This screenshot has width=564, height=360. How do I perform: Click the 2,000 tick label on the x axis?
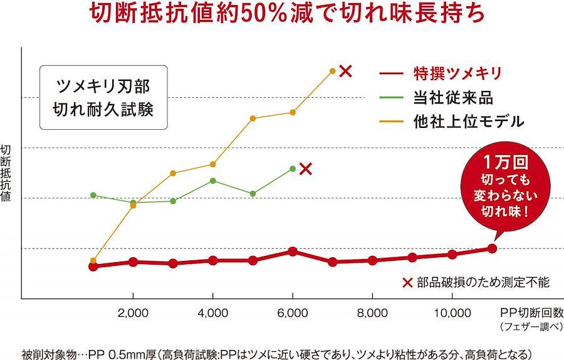pyautogui.click(x=132, y=312)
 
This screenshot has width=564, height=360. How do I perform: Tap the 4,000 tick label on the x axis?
pyautogui.click(x=212, y=312)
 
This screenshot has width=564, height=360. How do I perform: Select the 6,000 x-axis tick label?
pyautogui.click(x=293, y=312)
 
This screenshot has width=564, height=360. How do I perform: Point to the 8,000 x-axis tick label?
pyautogui.click(x=372, y=312)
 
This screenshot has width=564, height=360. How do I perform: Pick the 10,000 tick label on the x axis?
pyautogui.click(x=452, y=312)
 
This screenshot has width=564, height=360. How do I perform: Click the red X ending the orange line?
pyautogui.click(x=345, y=71)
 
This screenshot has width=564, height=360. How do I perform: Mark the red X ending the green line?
pyautogui.click(x=305, y=169)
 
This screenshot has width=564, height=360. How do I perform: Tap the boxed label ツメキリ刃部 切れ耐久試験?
pyautogui.click(x=103, y=97)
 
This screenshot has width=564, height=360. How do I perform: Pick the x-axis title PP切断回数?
pyautogui.click(x=532, y=312)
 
